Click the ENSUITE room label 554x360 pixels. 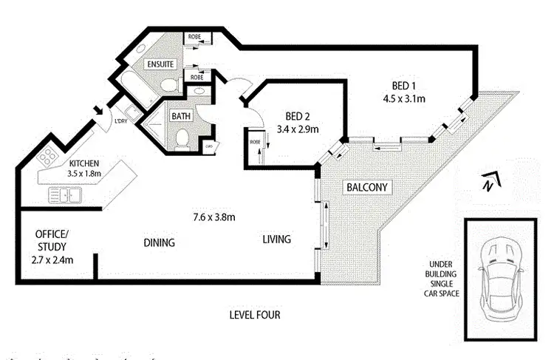(x=160, y=64)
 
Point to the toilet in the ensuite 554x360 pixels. (x=169, y=85)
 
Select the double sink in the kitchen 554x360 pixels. (x=64, y=195)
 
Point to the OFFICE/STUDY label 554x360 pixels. (x=52, y=240)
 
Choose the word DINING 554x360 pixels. (x=159, y=242)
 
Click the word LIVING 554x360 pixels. (x=276, y=240)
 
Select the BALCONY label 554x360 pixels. (x=367, y=188)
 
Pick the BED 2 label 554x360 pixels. (x=301, y=116)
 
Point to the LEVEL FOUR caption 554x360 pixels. (x=255, y=315)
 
